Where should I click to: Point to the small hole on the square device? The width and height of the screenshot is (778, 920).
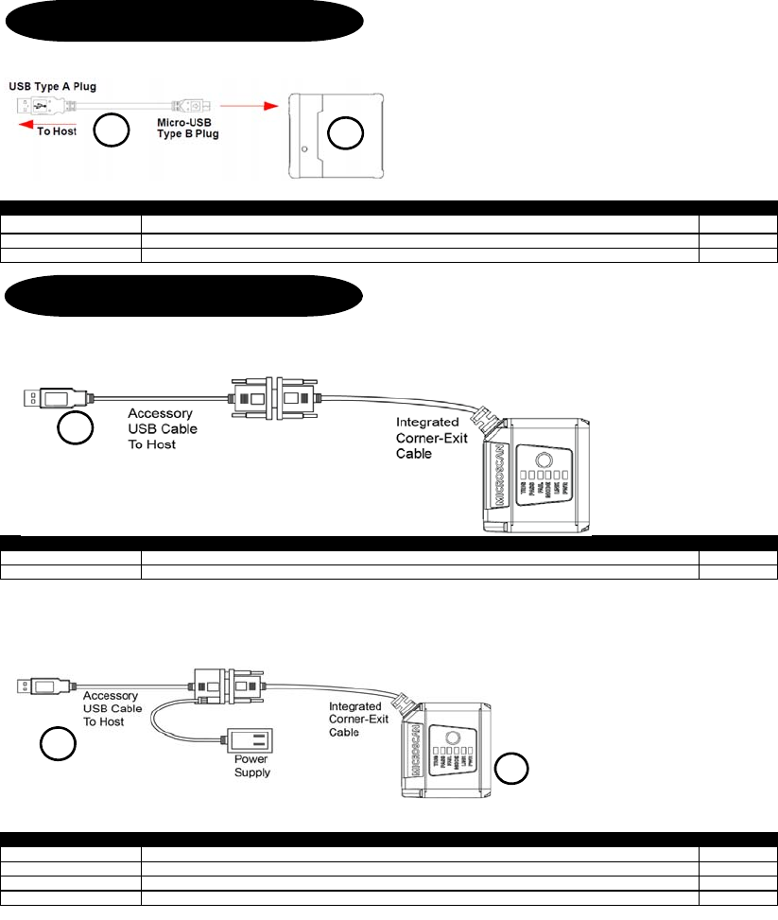303,149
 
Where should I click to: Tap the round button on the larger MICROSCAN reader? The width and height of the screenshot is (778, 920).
547,448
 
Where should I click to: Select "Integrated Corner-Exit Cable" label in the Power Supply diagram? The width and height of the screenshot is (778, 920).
354,719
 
